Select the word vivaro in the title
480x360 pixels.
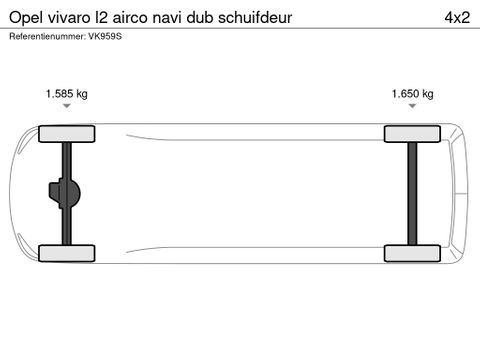tap(73, 17)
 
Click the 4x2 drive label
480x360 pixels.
tap(458, 17)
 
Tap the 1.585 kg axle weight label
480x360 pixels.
tap(67, 94)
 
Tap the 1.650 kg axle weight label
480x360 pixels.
tap(413, 94)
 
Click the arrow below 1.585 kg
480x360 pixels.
tap(67, 107)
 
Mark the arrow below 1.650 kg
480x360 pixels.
tap(413, 107)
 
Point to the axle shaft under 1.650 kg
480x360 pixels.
tap(412, 193)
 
